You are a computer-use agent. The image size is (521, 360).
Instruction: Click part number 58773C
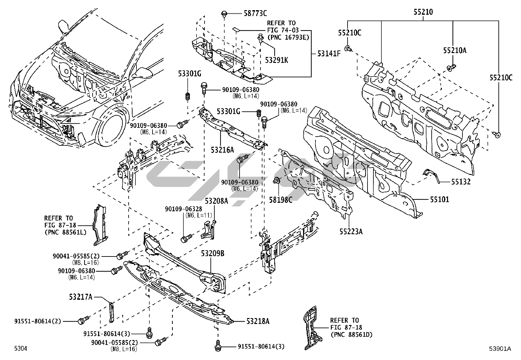click(255, 13)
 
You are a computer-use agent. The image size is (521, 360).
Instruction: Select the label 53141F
click(329, 53)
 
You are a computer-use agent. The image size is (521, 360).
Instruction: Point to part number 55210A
click(455, 50)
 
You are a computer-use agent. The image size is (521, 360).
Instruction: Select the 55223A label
click(351, 232)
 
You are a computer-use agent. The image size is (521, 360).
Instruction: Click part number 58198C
click(281, 199)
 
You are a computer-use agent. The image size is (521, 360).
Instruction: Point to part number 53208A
click(217, 200)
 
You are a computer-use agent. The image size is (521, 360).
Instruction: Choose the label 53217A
click(81, 297)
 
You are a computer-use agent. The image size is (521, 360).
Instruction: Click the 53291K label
click(277, 60)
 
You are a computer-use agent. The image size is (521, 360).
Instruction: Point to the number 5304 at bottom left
click(20, 349)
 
